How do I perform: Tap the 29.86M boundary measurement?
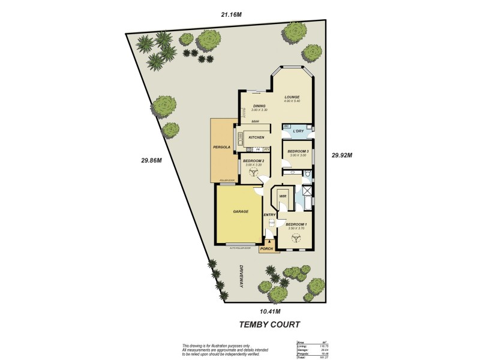pyautogui.click(x=152, y=160)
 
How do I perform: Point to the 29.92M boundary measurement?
pyautogui.click(x=341, y=155)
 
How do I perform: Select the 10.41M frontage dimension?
pyautogui.click(x=270, y=311)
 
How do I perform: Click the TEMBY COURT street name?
pyautogui.click(x=270, y=325)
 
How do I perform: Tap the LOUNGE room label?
pyautogui.click(x=292, y=97)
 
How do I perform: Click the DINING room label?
pyautogui.click(x=259, y=106)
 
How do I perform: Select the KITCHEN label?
pyautogui.click(x=257, y=137)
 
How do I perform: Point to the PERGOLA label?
pyautogui.click(x=223, y=147)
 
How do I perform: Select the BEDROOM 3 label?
pyautogui.click(x=297, y=151)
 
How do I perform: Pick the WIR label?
pyautogui.click(x=282, y=196)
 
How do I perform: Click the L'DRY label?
pyautogui.click(x=298, y=131)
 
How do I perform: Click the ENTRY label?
pyautogui.click(x=269, y=215)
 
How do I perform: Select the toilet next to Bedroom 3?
pyautogui.click(x=307, y=175)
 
